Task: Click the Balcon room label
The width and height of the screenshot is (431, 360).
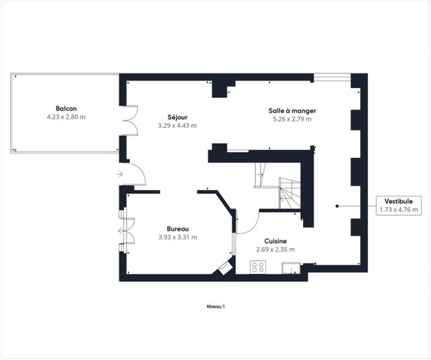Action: [66, 108]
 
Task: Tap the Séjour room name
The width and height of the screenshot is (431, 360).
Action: [177, 117]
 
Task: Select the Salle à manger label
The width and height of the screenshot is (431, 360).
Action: [292, 110]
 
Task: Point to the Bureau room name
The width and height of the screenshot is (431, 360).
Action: [178, 229]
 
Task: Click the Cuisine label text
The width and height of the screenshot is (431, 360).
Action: [275, 241]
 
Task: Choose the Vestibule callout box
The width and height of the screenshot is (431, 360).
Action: [399, 205]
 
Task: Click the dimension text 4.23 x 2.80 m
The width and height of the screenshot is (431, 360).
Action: [66, 117]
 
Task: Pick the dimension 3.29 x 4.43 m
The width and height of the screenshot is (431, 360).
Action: [177, 126]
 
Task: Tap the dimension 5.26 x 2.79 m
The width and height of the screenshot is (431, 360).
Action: [292, 119]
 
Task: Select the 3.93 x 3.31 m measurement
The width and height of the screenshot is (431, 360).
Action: [178, 238]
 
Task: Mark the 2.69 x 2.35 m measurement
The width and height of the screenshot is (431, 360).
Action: [275, 250]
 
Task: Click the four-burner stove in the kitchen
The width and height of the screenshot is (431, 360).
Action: [258, 267]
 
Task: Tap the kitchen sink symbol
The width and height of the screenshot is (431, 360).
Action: [291, 268]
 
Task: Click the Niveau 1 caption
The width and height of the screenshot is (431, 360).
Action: [215, 307]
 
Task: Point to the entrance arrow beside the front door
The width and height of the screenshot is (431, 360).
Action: [120, 174]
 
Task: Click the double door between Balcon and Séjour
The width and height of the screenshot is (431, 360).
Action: [130, 120]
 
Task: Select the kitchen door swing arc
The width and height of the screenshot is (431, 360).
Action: [253, 226]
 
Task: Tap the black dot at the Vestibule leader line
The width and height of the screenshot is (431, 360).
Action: [337, 206]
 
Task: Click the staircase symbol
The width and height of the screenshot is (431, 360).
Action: [277, 186]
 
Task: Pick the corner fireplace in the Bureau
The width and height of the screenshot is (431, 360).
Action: [225, 267]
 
